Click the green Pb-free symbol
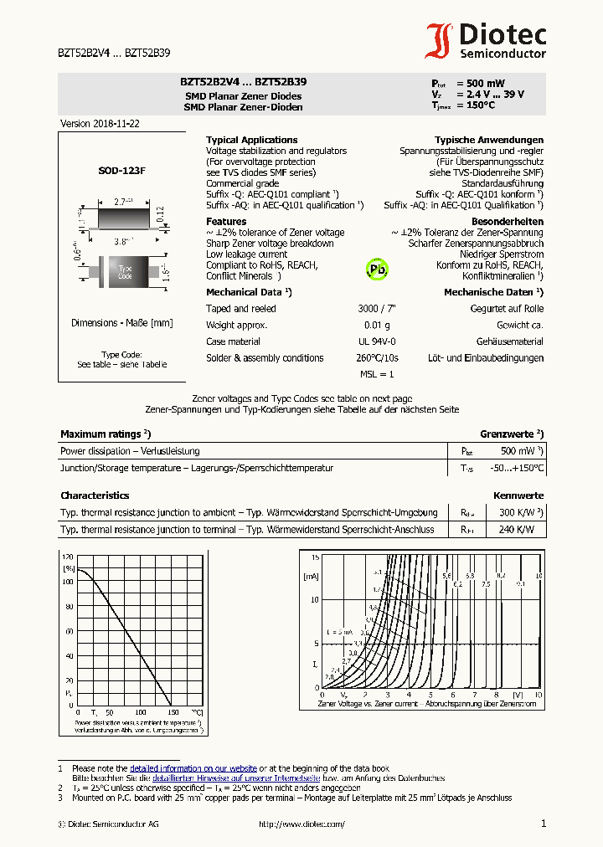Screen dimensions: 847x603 (378, 269)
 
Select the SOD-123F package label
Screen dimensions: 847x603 (121, 170)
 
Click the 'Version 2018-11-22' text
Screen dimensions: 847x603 (100, 123)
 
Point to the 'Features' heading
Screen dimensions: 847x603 (226, 222)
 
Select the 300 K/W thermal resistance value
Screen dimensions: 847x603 (518, 512)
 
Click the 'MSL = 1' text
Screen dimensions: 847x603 (377, 374)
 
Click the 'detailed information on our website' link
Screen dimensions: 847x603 (193, 768)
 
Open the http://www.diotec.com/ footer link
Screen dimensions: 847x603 (301, 824)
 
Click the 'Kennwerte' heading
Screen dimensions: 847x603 (518, 495)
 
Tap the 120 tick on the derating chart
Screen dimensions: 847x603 (68, 557)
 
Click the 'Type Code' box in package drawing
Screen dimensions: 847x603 (125, 273)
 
